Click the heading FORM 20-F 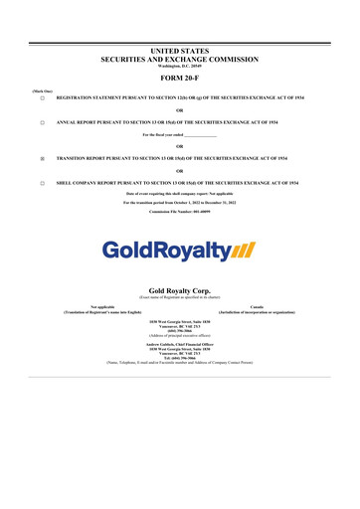pos(180,78)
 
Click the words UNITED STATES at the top pos(180,49)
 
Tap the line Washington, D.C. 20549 pos(180,66)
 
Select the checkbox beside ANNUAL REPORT pos(42,122)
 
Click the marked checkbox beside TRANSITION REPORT pos(42,158)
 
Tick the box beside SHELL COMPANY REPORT pos(42,184)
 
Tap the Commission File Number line pos(180,212)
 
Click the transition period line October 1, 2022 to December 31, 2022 pos(180,202)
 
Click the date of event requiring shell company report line pos(180,194)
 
